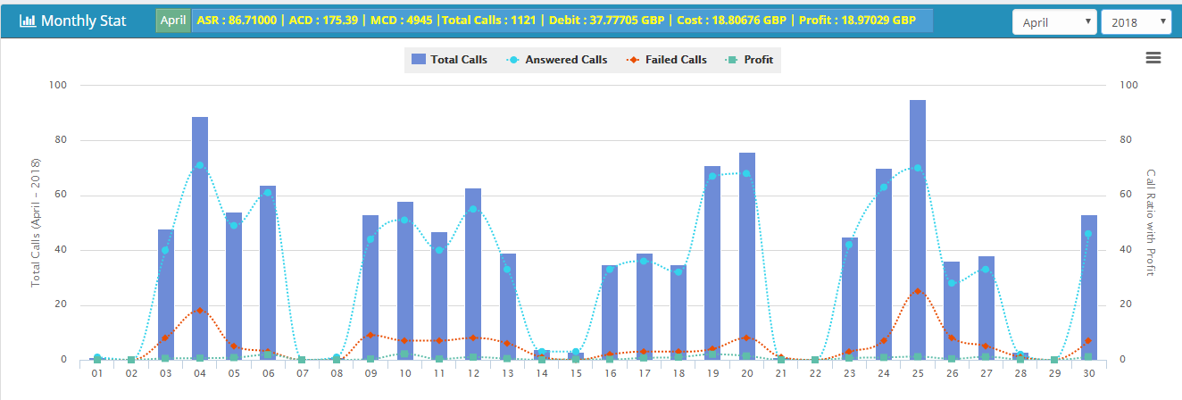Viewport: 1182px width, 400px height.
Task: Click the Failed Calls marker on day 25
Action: [x=918, y=291]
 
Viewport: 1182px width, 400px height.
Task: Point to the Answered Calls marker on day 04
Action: [x=200, y=165]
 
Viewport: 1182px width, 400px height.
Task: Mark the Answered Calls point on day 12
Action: [x=473, y=209]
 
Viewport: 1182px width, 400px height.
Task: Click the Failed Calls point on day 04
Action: [x=200, y=310]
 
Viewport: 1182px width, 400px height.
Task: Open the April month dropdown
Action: [x=1054, y=22]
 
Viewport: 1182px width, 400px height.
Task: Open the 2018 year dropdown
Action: [x=1136, y=22]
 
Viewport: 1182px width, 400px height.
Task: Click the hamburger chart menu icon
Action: [x=1153, y=58]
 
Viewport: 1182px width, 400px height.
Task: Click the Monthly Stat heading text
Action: [x=84, y=21]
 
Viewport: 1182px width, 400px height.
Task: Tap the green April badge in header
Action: [x=173, y=21]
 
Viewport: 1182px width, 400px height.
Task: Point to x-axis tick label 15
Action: [x=576, y=374]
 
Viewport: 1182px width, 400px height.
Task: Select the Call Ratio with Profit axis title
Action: [x=1151, y=222]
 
